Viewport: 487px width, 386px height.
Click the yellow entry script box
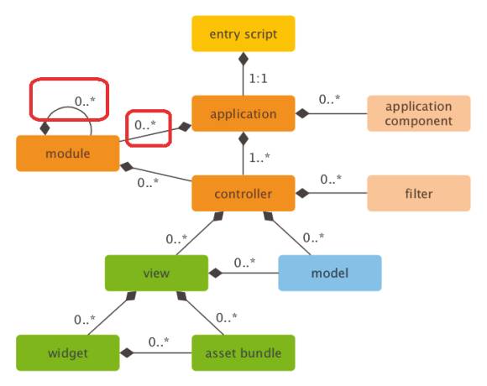coord(243,34)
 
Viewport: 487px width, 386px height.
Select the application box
coord(243,113)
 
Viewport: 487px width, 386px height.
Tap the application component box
coord(419,113)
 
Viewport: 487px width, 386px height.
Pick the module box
coord(68,154)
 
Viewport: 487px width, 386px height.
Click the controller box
coord(243,193)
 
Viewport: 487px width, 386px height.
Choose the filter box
coord(419,193)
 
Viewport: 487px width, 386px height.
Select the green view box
coord(156,273)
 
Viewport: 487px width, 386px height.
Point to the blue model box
coord(330,273)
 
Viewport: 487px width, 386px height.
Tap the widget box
coord(68,352)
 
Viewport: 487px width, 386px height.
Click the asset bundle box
coord(243,352)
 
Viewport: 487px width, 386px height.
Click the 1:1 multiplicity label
coord(258,79)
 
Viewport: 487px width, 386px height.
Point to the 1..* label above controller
coord(259,158)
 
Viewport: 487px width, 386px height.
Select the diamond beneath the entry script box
coord(243,59)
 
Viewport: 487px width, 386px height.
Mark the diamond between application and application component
coord(302,113)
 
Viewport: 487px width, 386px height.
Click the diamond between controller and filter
coord(302,193)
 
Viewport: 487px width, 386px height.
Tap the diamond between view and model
coord(216,273)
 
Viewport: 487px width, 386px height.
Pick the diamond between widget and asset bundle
coord(127,352)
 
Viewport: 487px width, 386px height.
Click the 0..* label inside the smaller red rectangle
coord(145,125)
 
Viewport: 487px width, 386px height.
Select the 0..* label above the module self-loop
coord(85,101)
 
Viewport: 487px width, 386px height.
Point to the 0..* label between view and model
coord(244,263)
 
